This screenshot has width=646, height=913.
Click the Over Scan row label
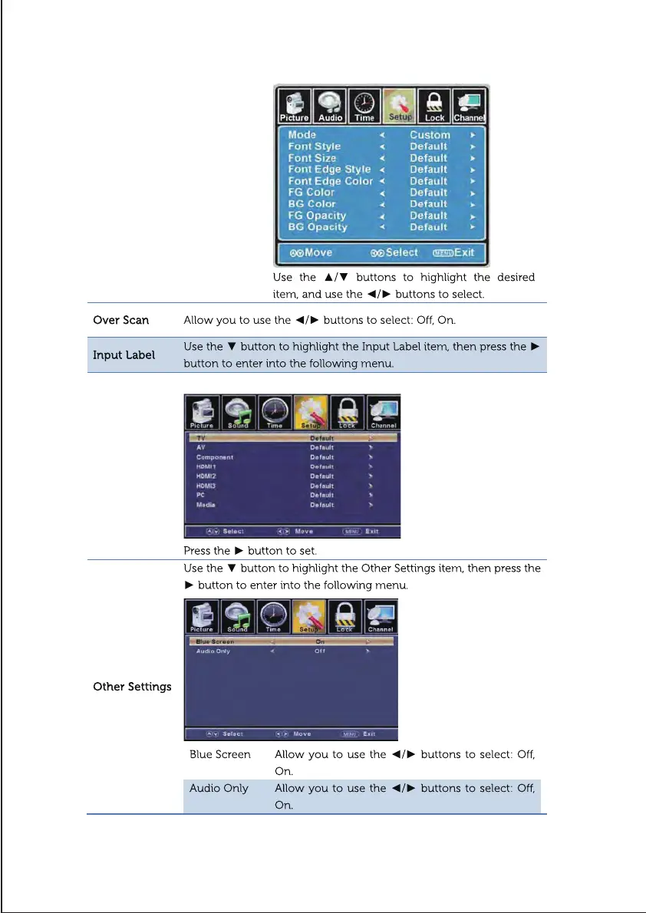(121, 319)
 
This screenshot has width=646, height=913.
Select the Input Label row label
(124, 355)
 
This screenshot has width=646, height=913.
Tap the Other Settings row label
(132, 687)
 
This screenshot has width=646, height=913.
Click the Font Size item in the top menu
(312, 158)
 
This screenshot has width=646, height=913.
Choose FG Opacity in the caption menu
(317, 216)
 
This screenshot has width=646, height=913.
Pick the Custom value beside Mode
(430, 135)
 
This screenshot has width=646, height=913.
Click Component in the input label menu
(215, 457)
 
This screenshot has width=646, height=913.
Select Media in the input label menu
(206, 505)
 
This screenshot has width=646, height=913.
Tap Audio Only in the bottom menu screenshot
(213, 651)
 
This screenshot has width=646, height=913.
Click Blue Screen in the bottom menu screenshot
(215, 641)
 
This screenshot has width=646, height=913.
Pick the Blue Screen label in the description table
(220, 755)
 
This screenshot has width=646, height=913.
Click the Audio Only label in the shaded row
(219, 789)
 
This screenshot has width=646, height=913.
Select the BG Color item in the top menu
(311, 204)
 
